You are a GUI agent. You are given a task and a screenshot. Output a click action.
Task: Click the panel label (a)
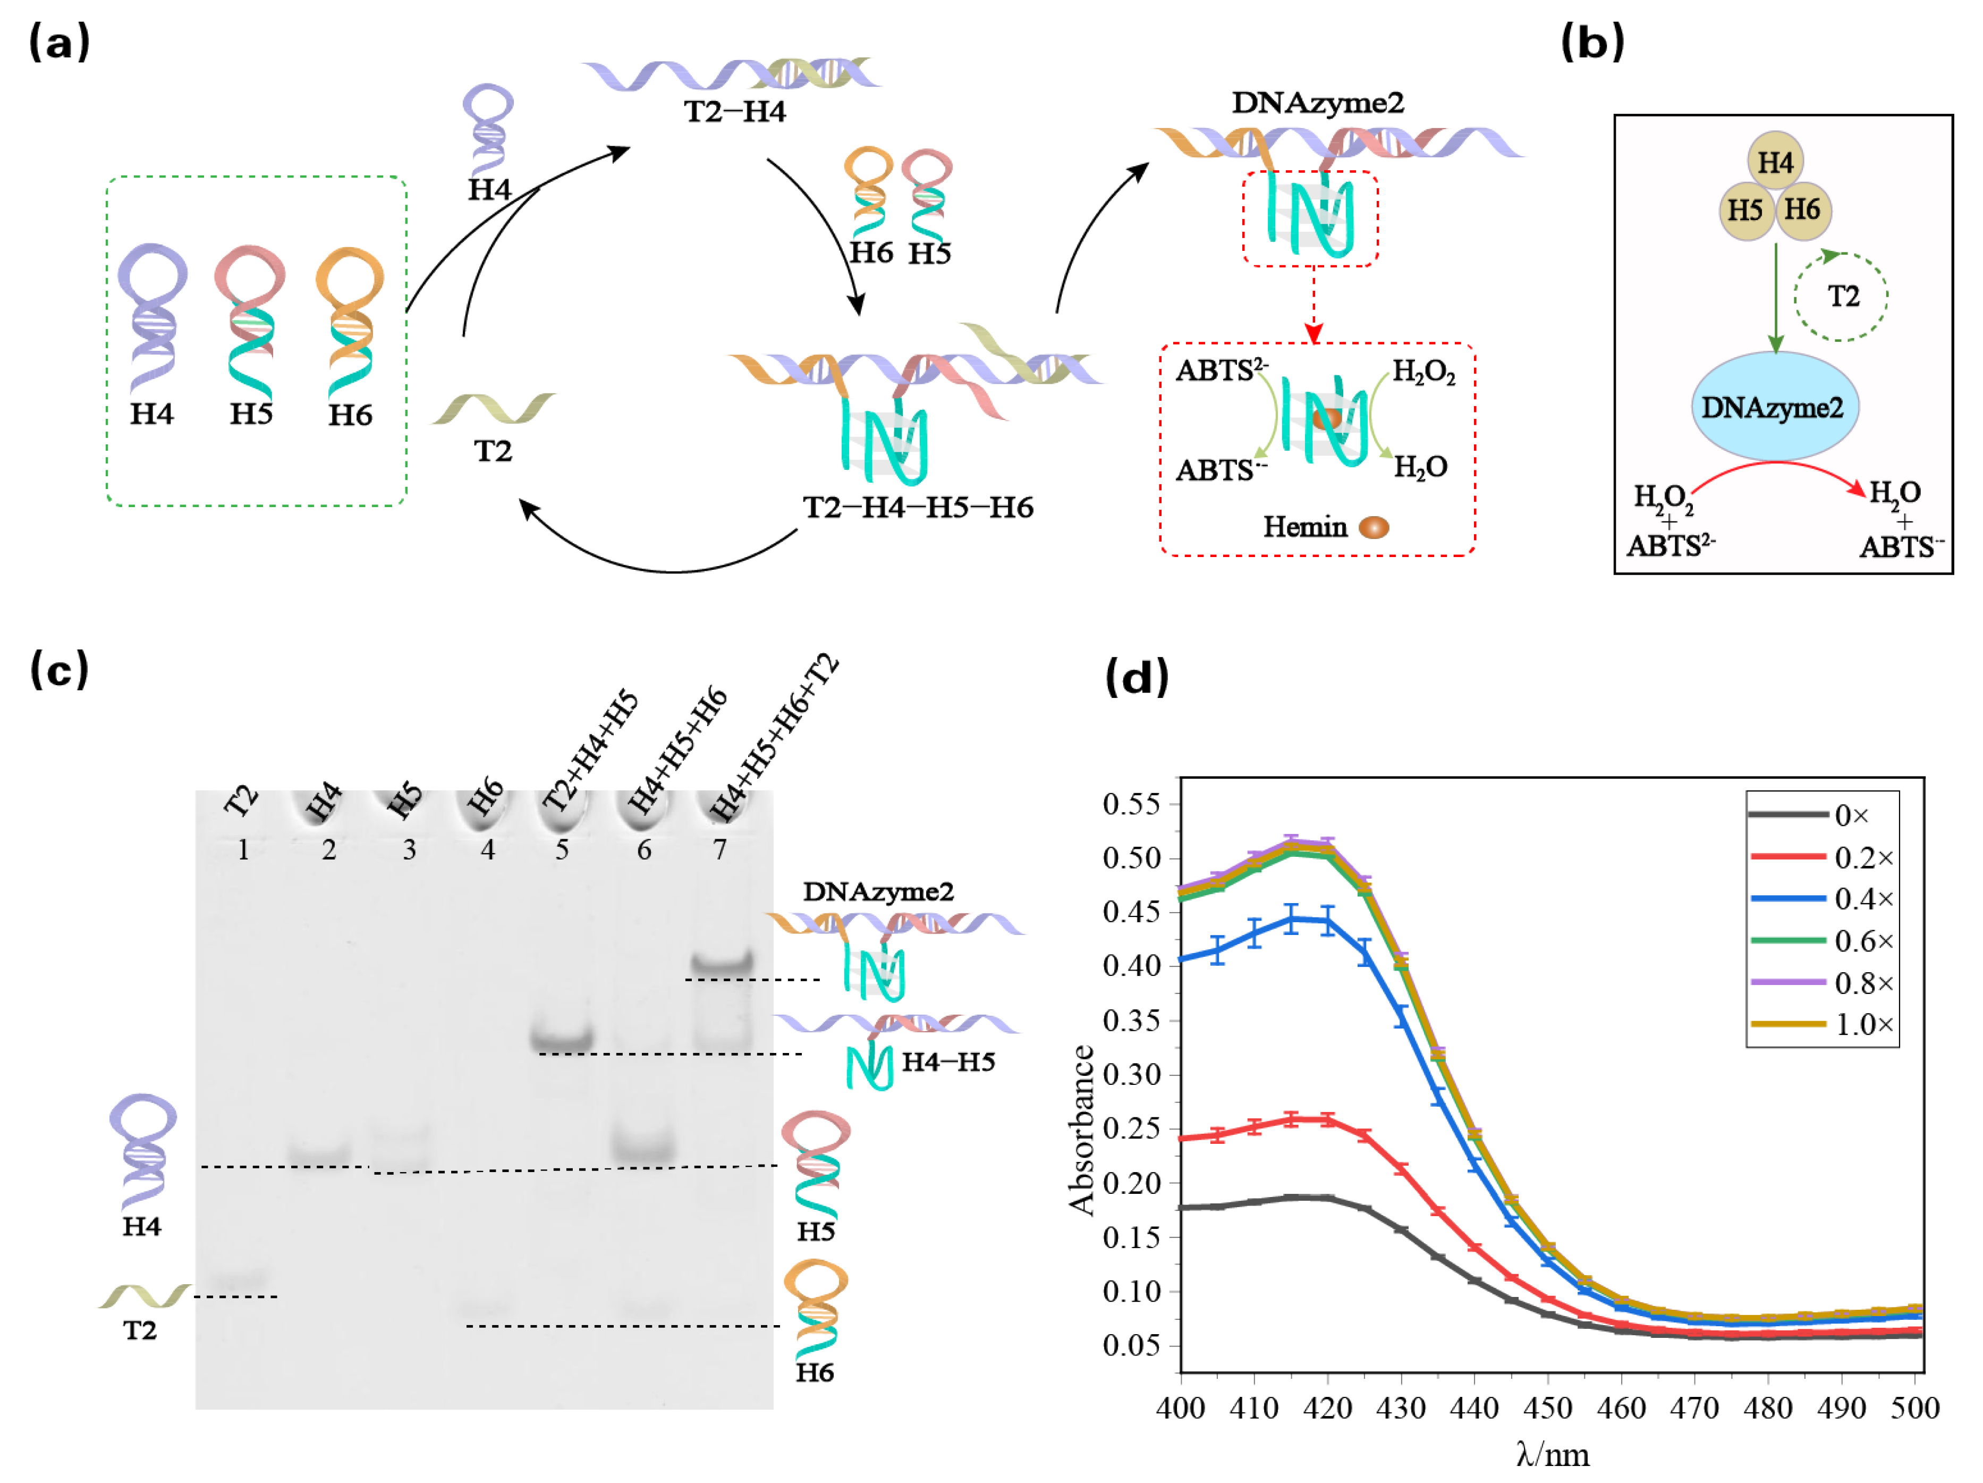tap(59, 42)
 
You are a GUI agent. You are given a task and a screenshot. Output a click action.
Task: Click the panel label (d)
tap(1137, 677)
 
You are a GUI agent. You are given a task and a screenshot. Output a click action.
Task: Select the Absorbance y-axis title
tap(1082, 1130)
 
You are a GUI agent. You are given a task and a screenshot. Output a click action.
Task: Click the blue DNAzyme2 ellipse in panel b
tap(1774, 407)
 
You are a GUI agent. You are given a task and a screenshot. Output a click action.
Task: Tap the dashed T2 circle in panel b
tap(1841, 297)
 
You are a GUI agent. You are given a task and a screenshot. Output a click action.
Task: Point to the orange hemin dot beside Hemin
tap(1374, 527)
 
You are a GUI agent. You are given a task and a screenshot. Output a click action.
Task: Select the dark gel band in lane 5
tap(562, 1040)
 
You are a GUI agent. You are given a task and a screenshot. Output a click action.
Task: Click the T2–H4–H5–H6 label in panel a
tap(918, 508)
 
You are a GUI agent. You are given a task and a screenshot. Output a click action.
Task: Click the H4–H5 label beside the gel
tap(947, 1063)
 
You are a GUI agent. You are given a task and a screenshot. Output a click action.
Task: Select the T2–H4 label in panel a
tap(734, 112)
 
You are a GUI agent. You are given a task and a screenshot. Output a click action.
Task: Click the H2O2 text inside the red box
tap(1423, 371)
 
